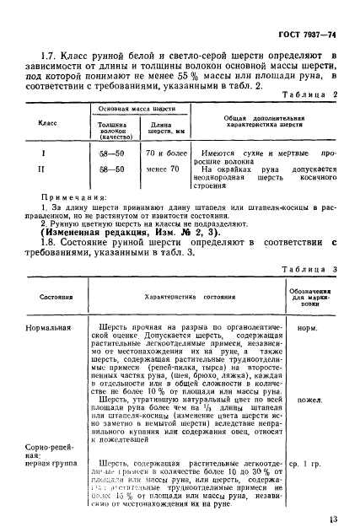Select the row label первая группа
[x=55, y=464]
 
